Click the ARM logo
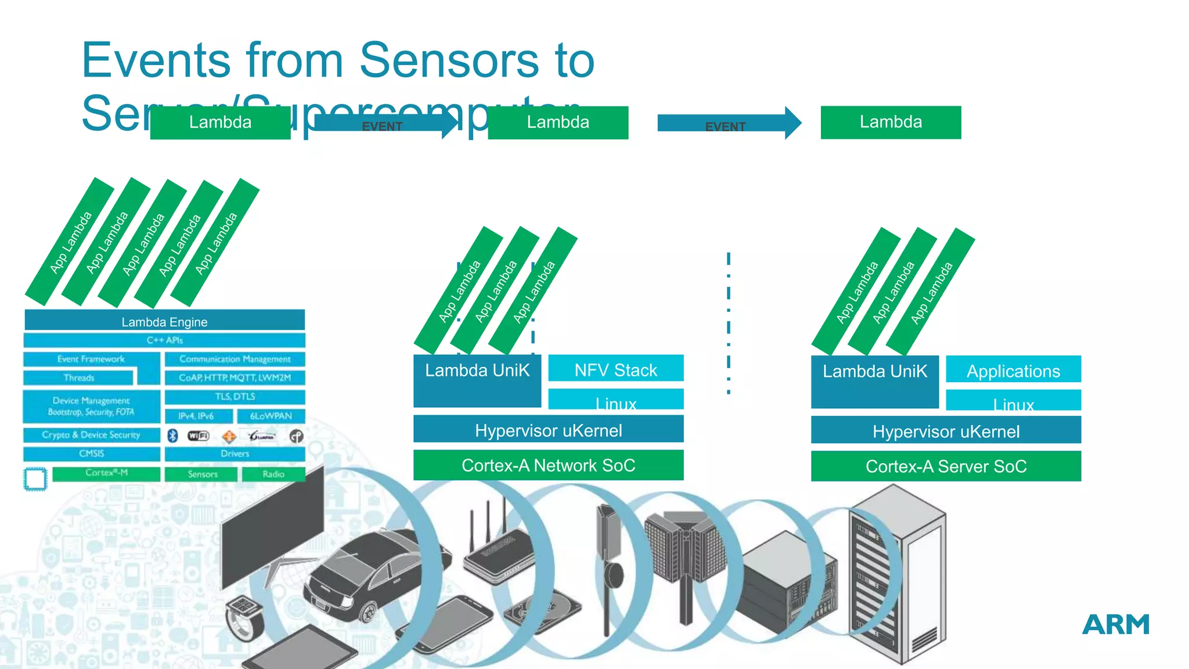(1115, 625)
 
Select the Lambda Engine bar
(164, 321)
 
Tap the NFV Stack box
(615, 369)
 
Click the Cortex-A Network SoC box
(548, 465)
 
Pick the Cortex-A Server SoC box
(946, 466)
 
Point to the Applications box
(1013, 371)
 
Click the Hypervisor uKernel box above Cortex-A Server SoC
(946, 431)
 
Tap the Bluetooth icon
(172, 436)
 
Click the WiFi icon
(198, 436)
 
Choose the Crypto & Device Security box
(91, 434)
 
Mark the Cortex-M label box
(106, 473)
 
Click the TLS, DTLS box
(235, 397)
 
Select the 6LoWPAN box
(271, 416)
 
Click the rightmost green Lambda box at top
(891, 122)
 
